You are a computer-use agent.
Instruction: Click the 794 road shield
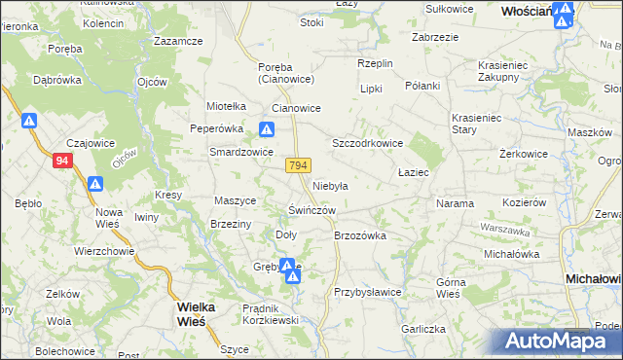pos(299,166)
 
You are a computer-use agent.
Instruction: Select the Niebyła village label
pos(331,185)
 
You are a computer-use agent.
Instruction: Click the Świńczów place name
pos(311,210)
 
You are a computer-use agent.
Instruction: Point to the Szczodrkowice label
pos(368,143)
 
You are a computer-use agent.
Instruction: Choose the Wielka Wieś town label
pos(202,312)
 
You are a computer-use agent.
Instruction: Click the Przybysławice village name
pos(368,291)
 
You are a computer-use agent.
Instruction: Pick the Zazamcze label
pos(178,42)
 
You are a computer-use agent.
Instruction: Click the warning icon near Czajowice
pos(29,122)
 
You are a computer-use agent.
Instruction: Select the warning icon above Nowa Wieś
pos(95,184)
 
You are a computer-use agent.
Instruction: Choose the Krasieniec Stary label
pos(476,124)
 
